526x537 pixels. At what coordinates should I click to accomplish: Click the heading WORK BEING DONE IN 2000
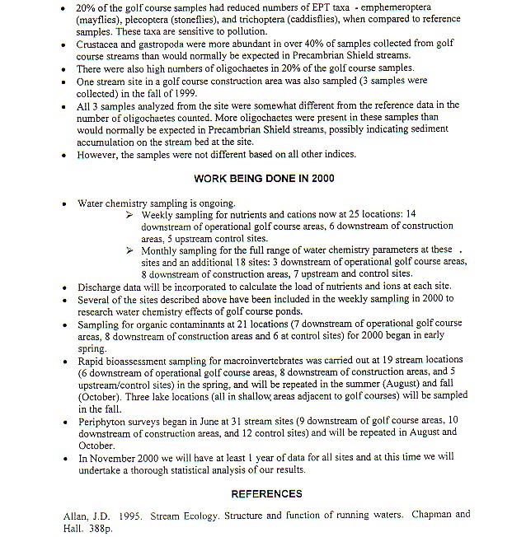click(x=264, y=178)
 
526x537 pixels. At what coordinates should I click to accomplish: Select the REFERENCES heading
click(x=266, y=494)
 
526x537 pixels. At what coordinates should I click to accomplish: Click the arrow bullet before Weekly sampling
click(x=130, y=214)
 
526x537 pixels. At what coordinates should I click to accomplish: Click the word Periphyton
click(x=104, y=421)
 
